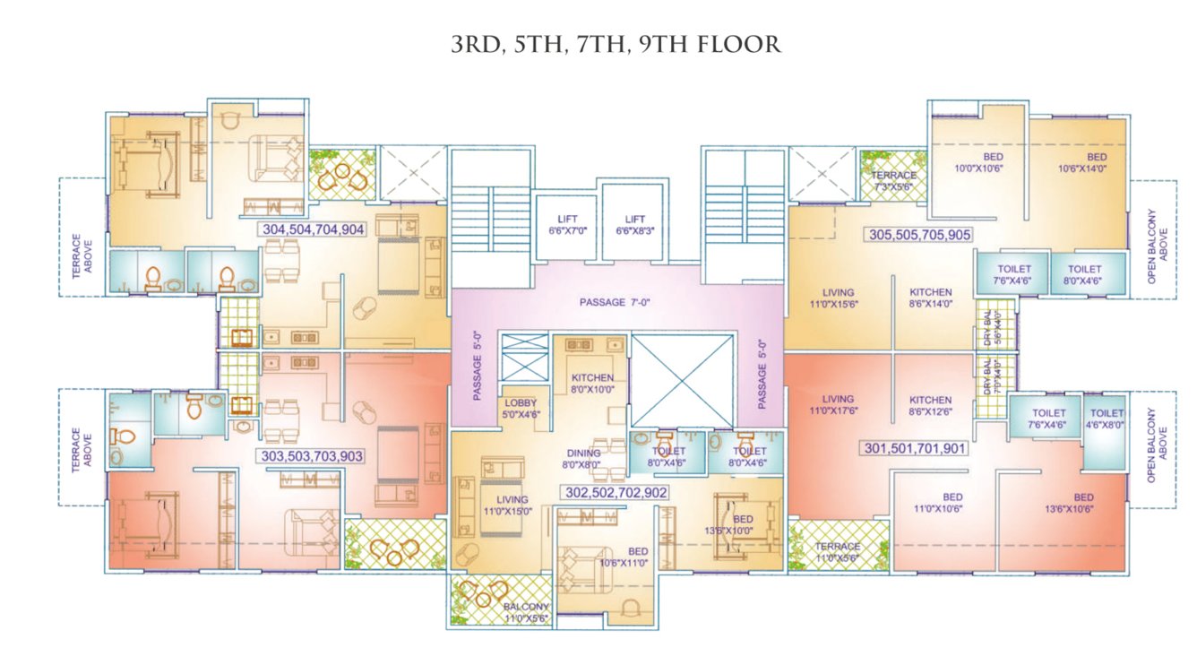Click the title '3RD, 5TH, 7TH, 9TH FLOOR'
point(616,45)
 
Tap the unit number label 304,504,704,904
point(313,229)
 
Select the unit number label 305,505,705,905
point(919,235)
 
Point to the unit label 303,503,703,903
point(312,456)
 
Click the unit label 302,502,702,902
point(616,492)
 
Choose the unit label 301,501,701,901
point(915,447)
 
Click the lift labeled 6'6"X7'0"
point(569,225)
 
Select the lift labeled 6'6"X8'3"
point(634,225)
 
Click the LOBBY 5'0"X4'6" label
point(521,409)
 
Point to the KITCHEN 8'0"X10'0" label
point(592,383)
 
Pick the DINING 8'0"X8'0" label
point(581,459)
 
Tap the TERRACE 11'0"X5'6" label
point(838,551)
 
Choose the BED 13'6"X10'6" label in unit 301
point(1083,503)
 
